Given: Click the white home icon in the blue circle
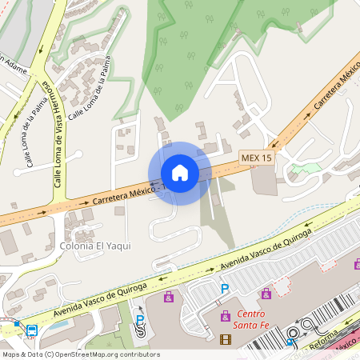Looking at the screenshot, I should pos(180,173).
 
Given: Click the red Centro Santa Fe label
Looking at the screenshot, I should pos(250,318).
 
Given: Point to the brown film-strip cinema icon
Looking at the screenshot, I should pos(225,339).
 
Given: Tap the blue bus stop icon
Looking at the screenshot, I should pos(32,330).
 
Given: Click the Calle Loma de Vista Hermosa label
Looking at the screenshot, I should pos(58,133).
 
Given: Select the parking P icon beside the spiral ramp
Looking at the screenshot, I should pos(140,319).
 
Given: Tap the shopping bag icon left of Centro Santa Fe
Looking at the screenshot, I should pos(169,298).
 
